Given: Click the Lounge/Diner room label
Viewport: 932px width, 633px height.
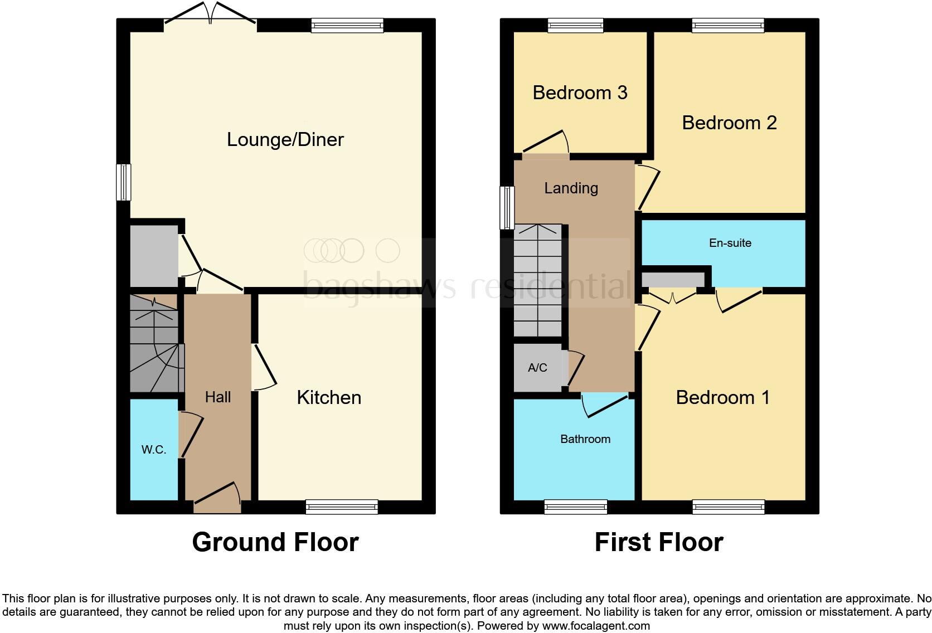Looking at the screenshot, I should click(x=285, y=139).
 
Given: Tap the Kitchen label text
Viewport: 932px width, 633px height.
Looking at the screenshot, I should click(x=329, y=397).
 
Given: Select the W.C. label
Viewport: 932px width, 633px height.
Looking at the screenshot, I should click(x=154, y=450).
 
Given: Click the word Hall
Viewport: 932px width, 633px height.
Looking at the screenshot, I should click(x=217, y=397).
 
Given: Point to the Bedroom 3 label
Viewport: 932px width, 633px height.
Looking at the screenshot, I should click(x=580, y=92).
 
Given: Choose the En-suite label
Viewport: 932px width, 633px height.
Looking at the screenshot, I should click(x=730, y=243).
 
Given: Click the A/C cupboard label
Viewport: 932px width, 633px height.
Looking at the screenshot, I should click(x=537, y=368).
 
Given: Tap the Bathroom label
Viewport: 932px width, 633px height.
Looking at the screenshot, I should click(x=585, y=439).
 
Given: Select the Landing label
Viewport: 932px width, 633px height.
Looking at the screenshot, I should click(x=571, y=188).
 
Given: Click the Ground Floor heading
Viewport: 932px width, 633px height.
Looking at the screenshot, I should click(x=275, y=542).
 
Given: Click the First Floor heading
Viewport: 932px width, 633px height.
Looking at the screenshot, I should click(x=658, y=542).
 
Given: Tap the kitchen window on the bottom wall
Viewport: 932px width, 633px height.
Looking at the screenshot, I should click(x=342, y=507).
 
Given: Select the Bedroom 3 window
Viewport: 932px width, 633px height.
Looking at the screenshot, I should click(x=575, y=25).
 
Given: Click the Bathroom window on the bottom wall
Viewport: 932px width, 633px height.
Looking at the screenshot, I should click(x=575, y=507).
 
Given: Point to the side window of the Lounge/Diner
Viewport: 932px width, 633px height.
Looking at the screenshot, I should click(x=123, y=182).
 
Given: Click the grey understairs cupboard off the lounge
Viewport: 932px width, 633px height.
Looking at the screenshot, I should click(x=153, y=256).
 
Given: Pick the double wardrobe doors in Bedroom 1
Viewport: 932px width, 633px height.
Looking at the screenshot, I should click(x=673, y=296).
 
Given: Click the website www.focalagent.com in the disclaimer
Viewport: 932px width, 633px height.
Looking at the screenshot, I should click(x=596, y=626).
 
